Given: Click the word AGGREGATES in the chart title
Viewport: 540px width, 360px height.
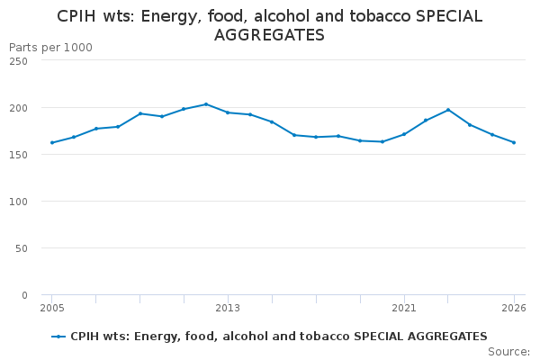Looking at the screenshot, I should (x=269, y=36).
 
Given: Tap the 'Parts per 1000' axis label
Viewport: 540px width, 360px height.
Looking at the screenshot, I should (x=50, y=47).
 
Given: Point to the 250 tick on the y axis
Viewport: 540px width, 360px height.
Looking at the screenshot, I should (x=18, y=61).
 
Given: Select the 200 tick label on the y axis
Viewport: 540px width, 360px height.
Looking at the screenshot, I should (x=18, y=108).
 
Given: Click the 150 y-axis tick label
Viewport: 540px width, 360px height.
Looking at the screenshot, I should (x=18, y=155).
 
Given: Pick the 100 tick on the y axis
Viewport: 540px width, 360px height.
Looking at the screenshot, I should (x=18, y=202).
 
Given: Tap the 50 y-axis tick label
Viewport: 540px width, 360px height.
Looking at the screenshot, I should (x=21, y=248).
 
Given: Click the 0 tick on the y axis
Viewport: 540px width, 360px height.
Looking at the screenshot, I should (x=23, y=295).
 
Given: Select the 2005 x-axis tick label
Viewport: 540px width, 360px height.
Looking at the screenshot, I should (x=52, y=309).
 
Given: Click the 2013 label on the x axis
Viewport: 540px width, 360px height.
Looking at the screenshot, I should (x=228, y=309).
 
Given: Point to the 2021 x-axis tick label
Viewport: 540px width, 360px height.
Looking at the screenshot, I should (x=404, y=309).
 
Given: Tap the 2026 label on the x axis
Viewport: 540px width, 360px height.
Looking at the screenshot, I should (x=514, y=309).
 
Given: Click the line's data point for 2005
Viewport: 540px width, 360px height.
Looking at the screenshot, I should (x=52, y=142).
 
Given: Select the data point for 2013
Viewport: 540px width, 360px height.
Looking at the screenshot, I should (x=228, y=112).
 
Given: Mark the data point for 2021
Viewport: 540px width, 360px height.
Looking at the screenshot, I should (x=404, y=134).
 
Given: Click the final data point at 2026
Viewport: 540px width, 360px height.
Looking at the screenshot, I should (x=514, y=142).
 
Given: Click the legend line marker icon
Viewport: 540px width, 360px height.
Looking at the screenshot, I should (x=58, y=337).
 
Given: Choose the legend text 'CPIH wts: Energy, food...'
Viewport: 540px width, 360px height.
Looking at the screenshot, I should (x=279, y=337).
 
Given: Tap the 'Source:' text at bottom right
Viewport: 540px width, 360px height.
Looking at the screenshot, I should (x=508, y=352).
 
